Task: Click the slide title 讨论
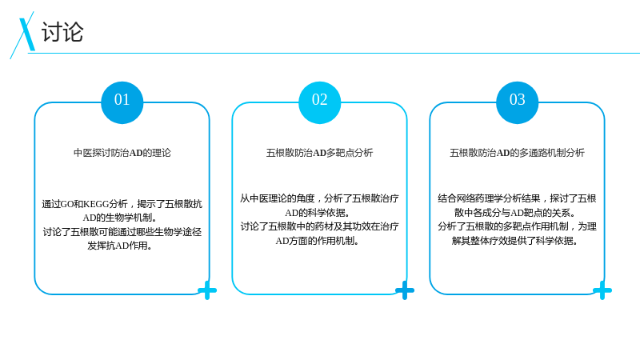(62, 32)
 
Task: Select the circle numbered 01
(122, 102)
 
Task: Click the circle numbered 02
(319, 102)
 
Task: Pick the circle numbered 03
(517, 102)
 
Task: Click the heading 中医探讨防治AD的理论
(122, 153)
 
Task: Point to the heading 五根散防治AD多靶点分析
(319, 153)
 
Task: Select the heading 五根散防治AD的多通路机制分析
(517, 153)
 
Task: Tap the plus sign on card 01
(207, 290)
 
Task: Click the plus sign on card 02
(405, 290)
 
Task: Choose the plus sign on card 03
(602, 290)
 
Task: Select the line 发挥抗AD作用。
(120, 246)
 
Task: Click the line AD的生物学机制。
(120, 218)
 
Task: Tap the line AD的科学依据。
(318, 213)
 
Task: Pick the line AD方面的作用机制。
(318, 241)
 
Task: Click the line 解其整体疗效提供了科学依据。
(515, 241)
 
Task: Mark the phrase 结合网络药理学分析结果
(489, 198)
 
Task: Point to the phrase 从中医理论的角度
(278, 198)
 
